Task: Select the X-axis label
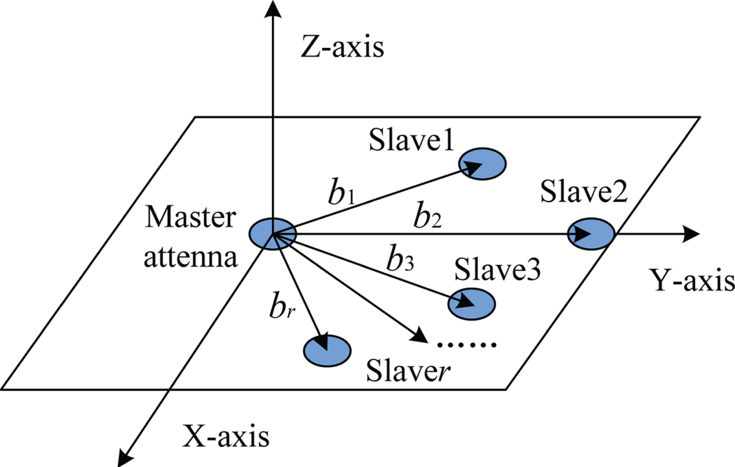(x=226, y=437)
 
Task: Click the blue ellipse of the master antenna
(x=272, y=234)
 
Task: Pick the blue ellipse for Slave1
(x=482, y=164)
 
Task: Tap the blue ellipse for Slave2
(x=591, y=234)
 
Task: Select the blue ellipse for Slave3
(x=471, y=304)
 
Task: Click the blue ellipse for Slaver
(x=327, y=351)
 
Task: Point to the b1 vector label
(x=342, y=192)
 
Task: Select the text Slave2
(x=584, y=191)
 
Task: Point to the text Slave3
(x=498, y=268)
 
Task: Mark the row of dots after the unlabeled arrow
(x=467, y=345)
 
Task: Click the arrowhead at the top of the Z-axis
(x=272, y=8)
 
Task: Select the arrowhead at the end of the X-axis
(x=125, y=457)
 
